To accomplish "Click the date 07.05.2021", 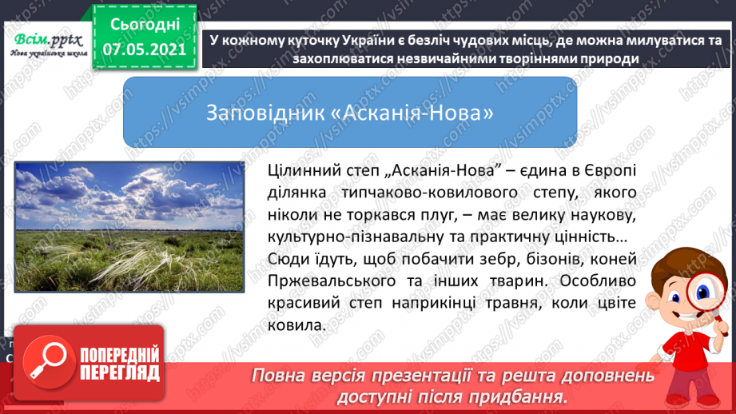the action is pos(145,50).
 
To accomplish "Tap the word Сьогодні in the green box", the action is pos(145,25).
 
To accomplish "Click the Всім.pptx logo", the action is pos(49,45).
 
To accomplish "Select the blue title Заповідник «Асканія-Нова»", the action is pos(350,113).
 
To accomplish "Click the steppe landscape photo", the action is pos(129,227).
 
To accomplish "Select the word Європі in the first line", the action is pos(611,170).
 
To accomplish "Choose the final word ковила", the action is pos(296,325).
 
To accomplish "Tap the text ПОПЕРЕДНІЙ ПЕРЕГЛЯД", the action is pos(120,364).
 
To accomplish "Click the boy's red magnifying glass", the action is pos(703,300).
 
